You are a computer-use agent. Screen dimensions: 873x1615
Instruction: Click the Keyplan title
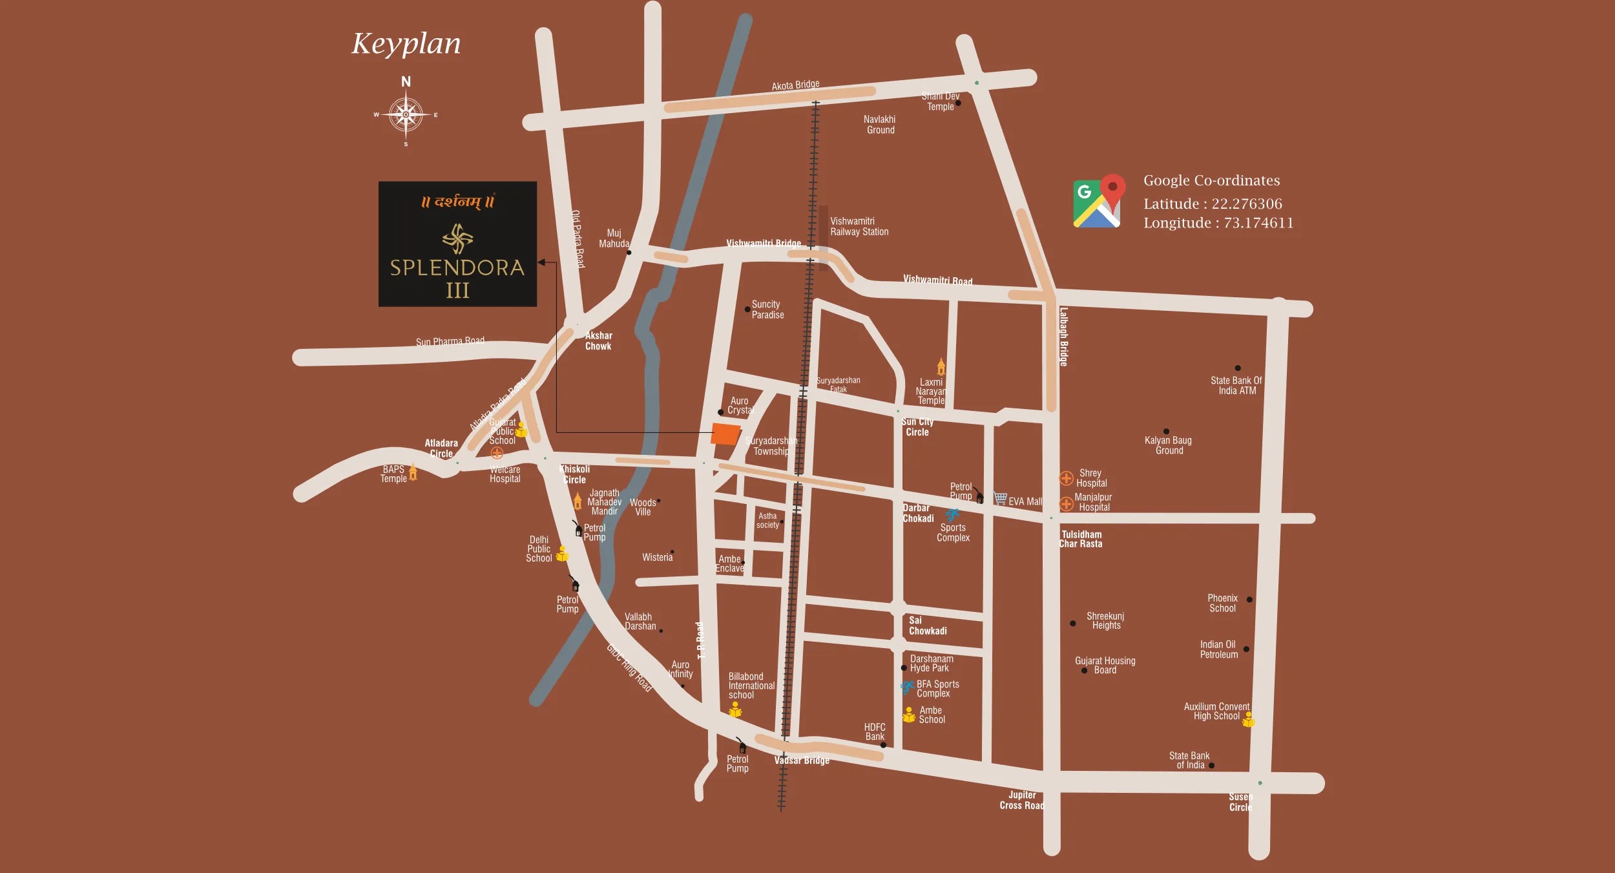406,44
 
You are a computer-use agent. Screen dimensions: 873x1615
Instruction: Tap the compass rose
406,115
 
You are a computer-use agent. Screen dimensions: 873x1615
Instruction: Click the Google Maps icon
1099,202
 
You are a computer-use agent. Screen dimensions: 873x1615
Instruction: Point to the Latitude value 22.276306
1246,204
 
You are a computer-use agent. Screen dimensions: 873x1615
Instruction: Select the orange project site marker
725,434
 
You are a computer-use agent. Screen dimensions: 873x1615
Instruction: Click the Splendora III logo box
457,244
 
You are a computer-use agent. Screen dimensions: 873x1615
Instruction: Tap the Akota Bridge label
795,85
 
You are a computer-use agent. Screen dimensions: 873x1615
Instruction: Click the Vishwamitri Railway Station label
859,227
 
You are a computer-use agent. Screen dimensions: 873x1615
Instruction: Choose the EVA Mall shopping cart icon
1000,498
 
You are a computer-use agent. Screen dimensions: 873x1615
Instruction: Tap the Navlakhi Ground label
880,125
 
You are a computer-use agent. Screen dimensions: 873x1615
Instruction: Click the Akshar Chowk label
598,341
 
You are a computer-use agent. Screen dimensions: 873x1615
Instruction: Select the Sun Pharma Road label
450,341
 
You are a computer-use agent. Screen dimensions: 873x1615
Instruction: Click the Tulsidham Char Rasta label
1081,539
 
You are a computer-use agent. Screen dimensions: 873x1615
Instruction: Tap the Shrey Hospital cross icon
1067,479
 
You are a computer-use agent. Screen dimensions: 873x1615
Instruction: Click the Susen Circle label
1240,802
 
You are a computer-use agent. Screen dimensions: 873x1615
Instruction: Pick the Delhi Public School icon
563,554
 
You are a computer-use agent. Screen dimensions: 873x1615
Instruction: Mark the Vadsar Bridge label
802,761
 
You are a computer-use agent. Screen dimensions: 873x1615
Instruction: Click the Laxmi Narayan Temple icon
941,367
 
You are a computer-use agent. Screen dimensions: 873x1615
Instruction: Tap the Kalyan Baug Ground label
1168,445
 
